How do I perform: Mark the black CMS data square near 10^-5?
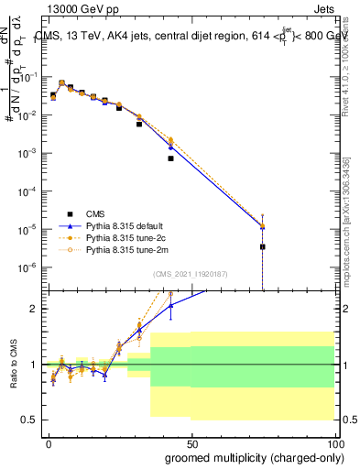pyautogui.click(x=263, y=246)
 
